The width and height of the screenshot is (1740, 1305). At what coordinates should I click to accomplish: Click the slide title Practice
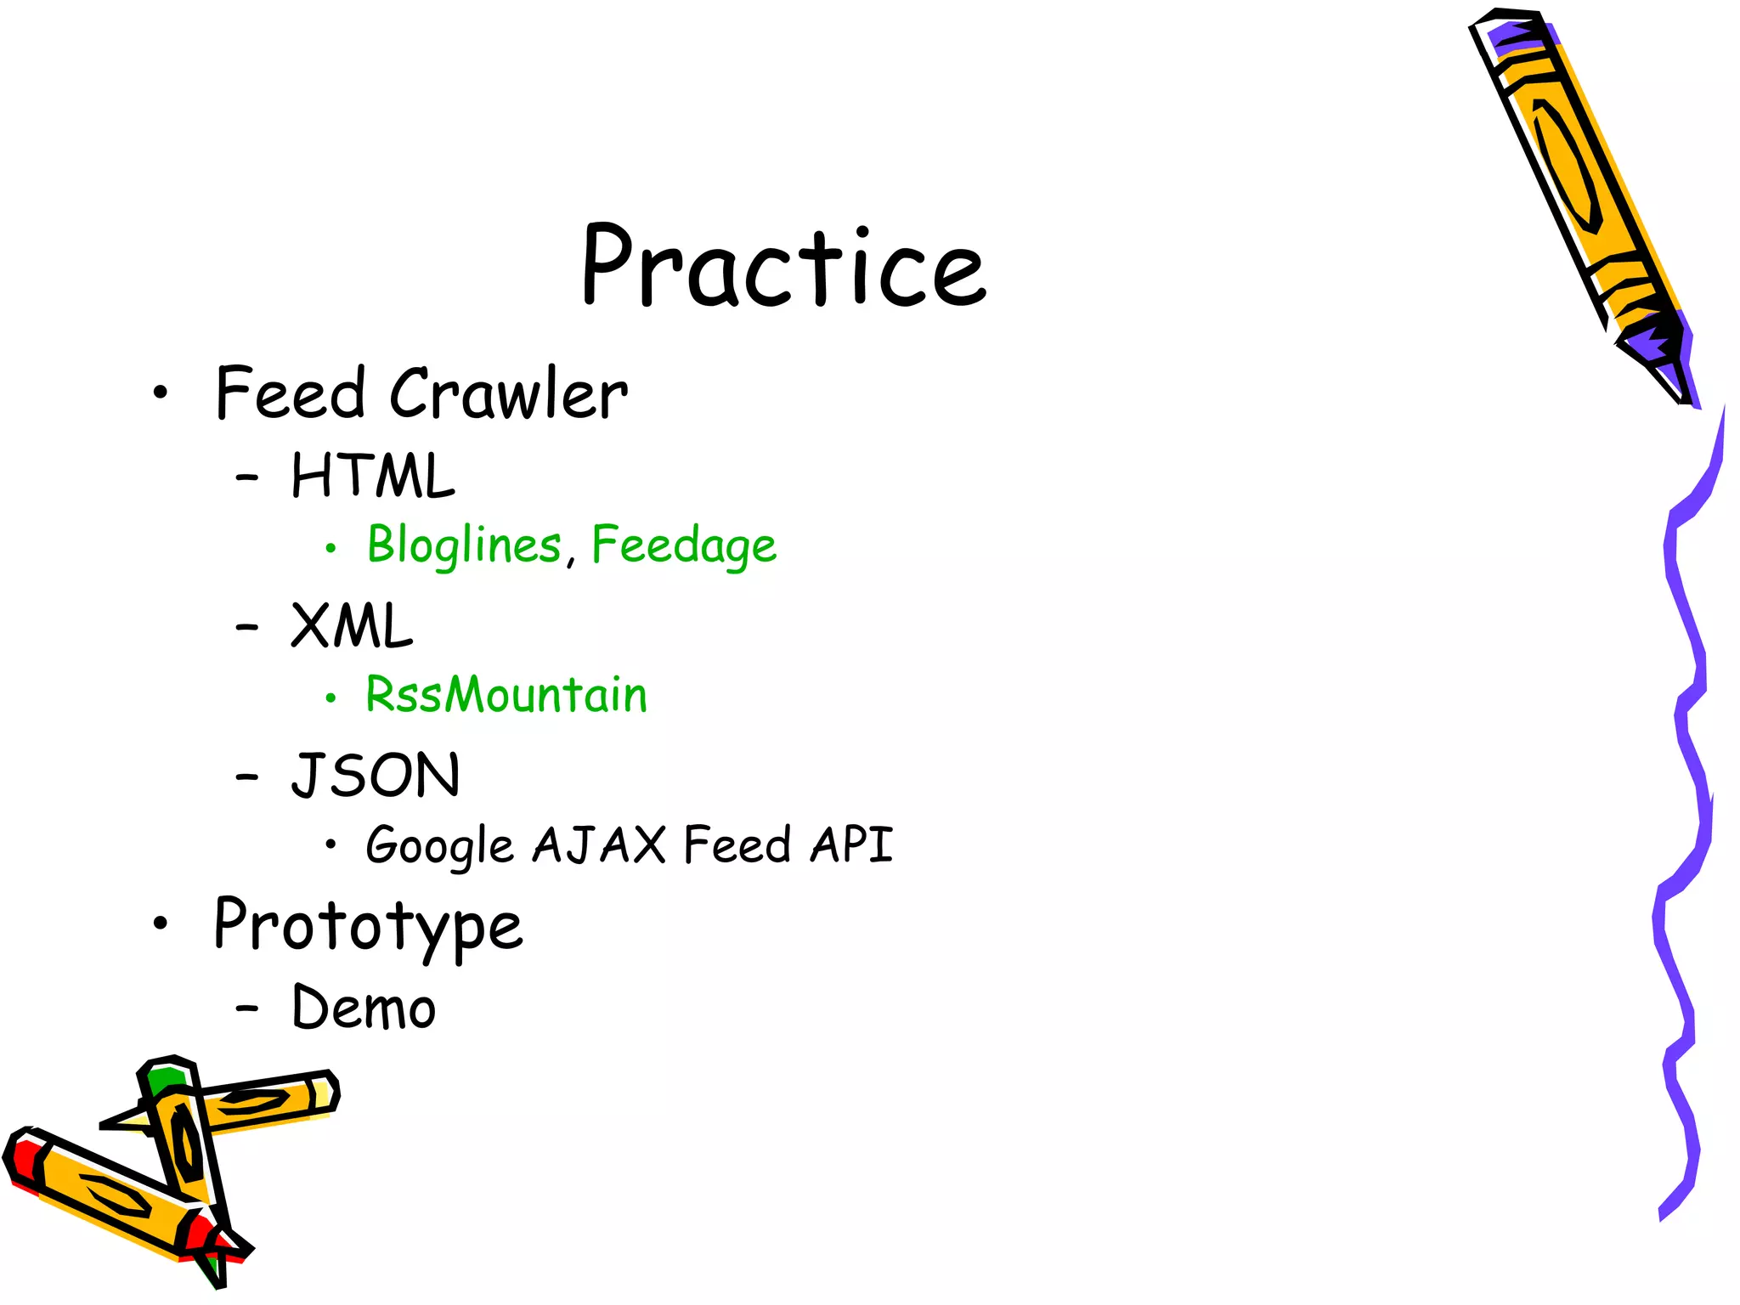click(783, 265)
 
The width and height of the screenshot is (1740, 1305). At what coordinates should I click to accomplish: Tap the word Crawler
click(508, 394)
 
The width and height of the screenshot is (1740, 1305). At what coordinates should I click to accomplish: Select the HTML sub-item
click(372, 476)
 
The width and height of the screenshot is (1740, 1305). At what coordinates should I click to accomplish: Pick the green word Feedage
click(684, 545)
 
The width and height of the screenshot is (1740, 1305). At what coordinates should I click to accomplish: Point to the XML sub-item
click(351, 626)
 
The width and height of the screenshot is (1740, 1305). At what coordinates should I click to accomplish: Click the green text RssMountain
click(506, 695)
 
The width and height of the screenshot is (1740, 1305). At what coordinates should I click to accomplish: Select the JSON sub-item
click(375, 776)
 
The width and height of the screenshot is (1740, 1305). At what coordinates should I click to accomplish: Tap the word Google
click(439, 845)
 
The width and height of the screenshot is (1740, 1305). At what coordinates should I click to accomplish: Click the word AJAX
click(599, 845)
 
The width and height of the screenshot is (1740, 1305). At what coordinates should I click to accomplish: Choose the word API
click(850, 845)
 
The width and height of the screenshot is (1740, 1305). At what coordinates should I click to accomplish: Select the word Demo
click(364, 1008)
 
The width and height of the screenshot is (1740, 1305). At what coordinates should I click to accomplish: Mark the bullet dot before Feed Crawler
click(161, 393)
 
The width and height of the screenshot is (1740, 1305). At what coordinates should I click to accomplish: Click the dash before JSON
click(246, 777)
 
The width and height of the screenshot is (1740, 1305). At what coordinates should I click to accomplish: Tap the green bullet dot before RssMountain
click(330, 699)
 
